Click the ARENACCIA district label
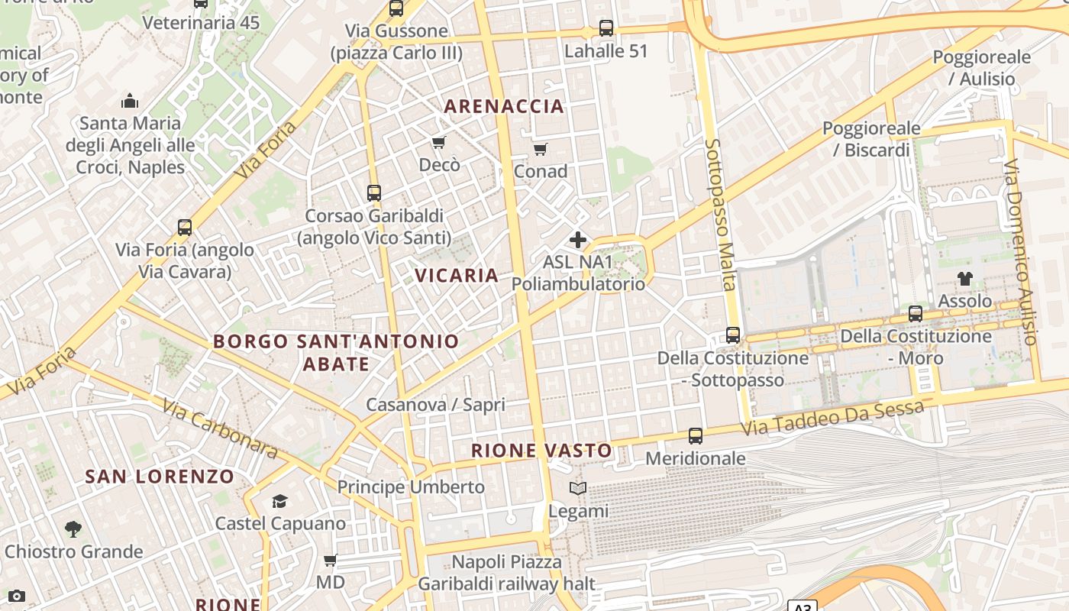pos(504,106)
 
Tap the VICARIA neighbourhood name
pos(457,275)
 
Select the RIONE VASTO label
pos(541,451)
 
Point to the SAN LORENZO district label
pos(160,477)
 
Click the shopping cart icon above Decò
pos(438,143)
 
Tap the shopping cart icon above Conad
pos(540,149)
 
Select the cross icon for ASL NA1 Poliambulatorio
pos(578,240)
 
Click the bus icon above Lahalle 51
pos(606,29)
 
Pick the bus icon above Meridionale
pos(696,436)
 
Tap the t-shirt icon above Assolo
pos(965,279)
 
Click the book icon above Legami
pos(579,489)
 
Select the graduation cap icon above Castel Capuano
pos(280,502)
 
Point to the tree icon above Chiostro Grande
pos(73,529)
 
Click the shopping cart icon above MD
pos(331,561)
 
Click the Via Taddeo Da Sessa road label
pos(832,419)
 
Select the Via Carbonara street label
pos(220,427)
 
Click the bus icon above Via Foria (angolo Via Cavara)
pos(185,228)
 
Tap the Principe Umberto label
pos(411,487)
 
